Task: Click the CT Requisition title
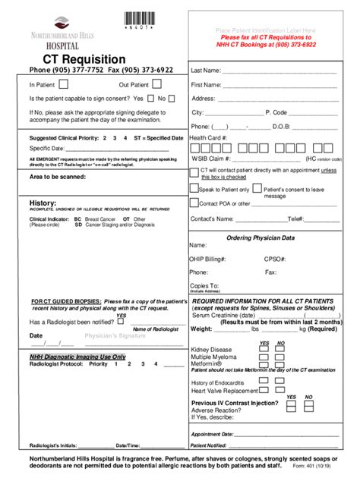[77, 58]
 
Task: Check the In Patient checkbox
[63, 84]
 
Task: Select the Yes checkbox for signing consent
[151, 98]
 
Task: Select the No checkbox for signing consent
[172, 98]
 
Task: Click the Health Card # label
[208, 137]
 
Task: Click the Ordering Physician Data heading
[261, 237]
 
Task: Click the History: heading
[43, 203]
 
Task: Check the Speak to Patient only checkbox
[194, 188]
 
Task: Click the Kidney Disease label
[213, 350]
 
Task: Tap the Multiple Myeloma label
[216, 357]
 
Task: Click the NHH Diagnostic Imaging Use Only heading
[77, 356]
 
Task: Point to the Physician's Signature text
[115, 335]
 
